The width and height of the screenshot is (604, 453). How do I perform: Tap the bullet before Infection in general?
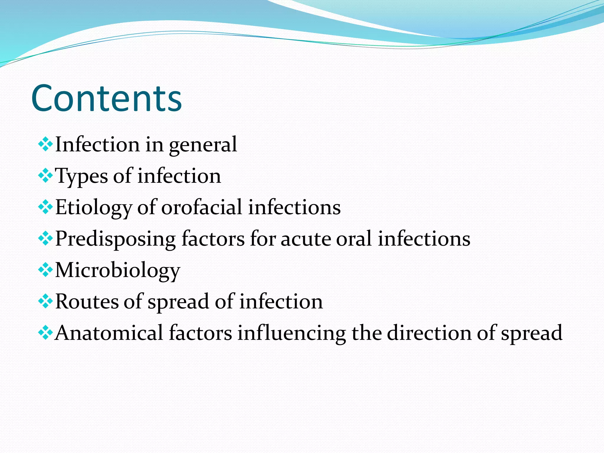coord(45,145)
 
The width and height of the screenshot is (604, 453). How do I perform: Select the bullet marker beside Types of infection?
coord(45,176)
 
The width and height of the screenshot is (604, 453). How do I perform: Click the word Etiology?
coord(93,208)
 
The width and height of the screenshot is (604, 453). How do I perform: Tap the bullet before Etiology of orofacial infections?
coord(45,207)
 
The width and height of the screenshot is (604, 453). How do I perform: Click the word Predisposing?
coord(115,239)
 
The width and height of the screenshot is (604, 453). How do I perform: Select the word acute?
coord(305,239)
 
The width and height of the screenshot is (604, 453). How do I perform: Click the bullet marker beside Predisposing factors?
coord(45,239)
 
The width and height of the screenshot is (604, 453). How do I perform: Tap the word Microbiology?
coord(118,270)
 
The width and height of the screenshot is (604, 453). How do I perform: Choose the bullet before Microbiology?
coord(45,270)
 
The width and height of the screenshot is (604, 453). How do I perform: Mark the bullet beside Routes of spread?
coord(45,302)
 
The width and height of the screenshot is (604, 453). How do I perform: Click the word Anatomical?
coord(109,333)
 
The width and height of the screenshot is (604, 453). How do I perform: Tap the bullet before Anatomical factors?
coord(45,333)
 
